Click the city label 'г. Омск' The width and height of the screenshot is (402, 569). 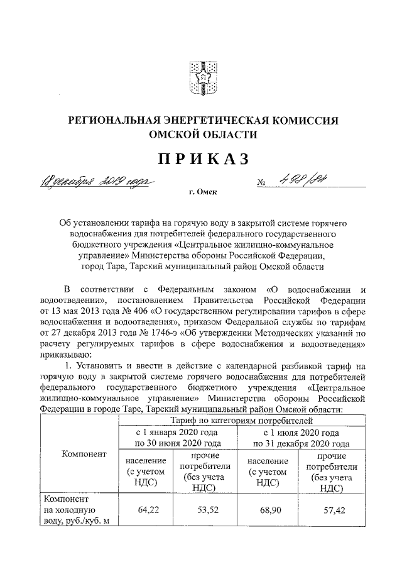tap(202, 193)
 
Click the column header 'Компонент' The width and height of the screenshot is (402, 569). tap(80, 454)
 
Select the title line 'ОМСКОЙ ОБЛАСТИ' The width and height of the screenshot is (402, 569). tap(202, 135)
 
